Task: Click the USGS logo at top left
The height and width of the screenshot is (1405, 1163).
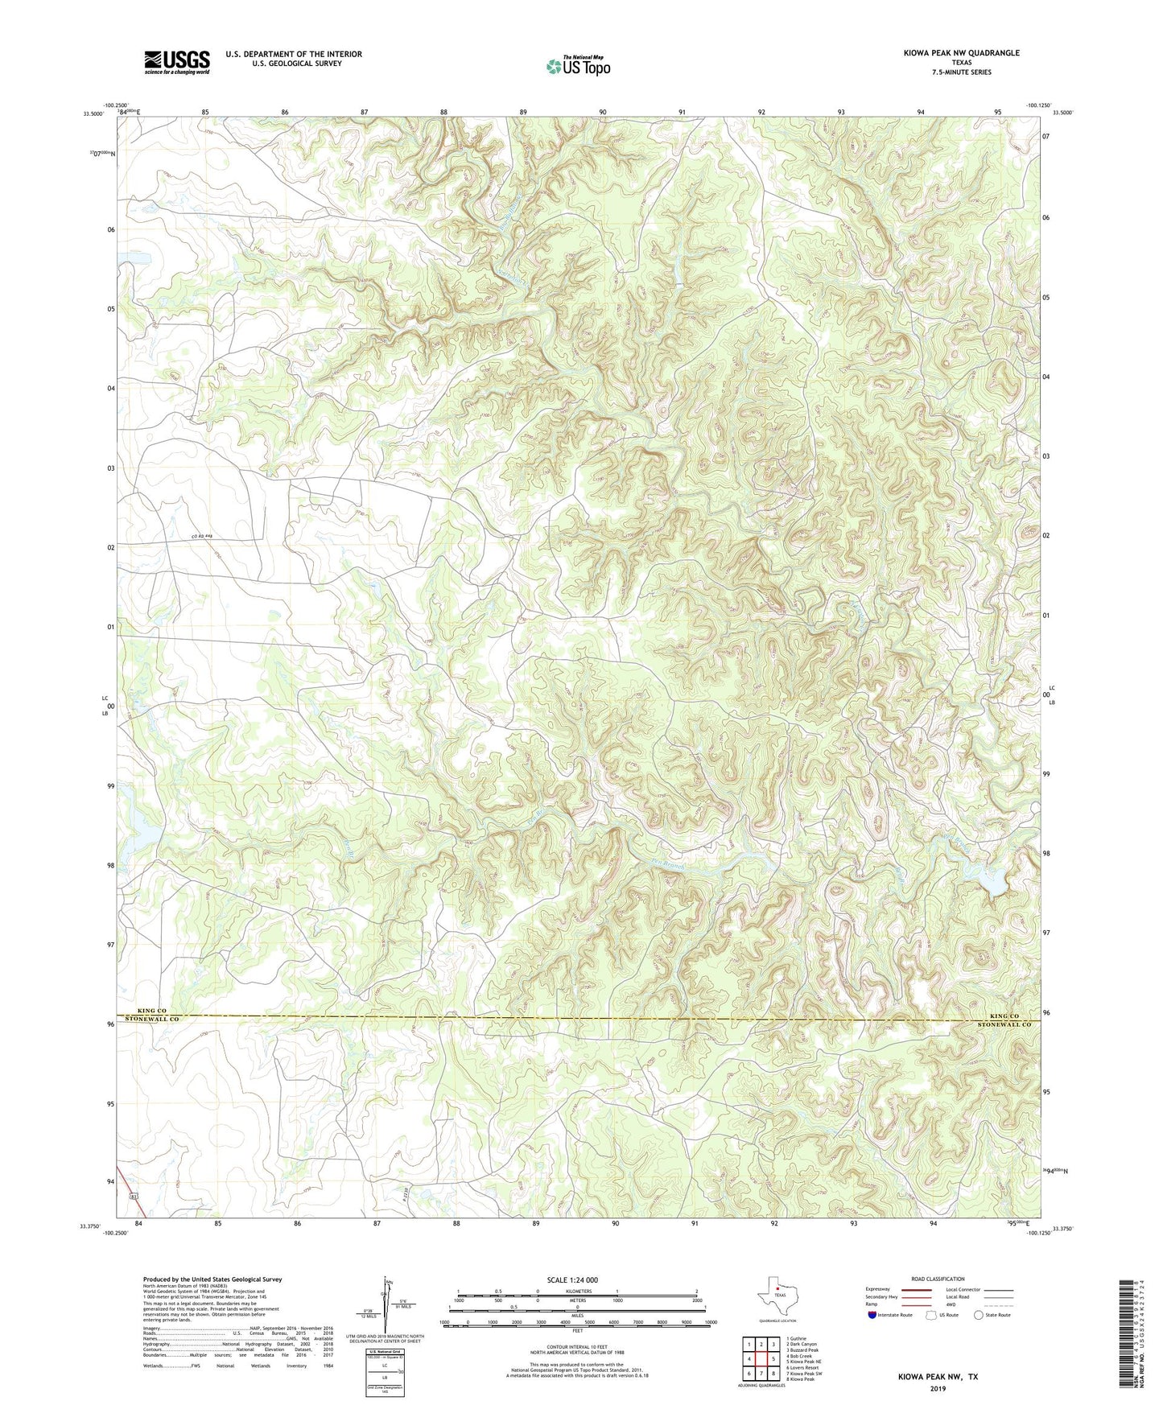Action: [x=177, y=61]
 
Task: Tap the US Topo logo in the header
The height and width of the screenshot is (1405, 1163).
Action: [x=577, y=66]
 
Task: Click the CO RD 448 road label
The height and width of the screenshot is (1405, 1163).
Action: [x=202, y=536]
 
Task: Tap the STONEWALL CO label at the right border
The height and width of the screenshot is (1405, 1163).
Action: [x=1004, y=1025]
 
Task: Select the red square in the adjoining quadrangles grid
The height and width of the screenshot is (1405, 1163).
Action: [x=761, y=1360]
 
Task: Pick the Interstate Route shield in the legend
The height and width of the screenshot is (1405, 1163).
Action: [x=872, y=1315]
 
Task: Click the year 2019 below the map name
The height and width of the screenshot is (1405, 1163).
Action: [x=938, y=1389]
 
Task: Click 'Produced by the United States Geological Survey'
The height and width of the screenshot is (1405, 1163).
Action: [x=212, y=1279]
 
